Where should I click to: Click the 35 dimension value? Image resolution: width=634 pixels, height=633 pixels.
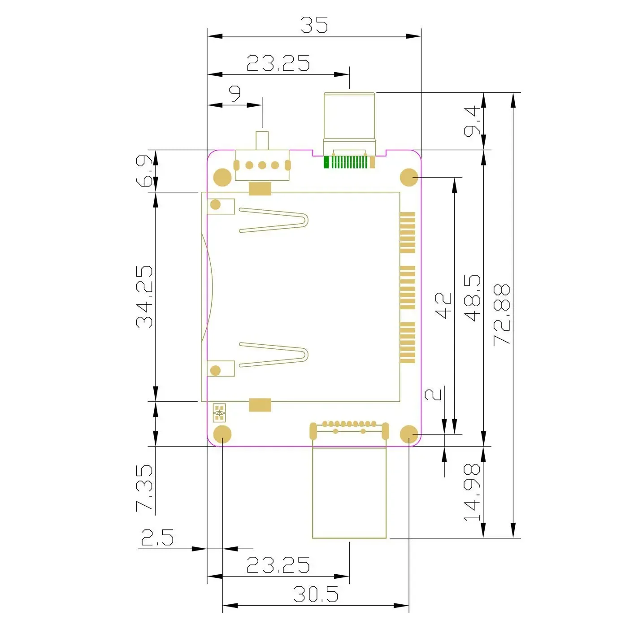point(314,25)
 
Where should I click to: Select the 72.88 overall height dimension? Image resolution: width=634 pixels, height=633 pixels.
point(502,315)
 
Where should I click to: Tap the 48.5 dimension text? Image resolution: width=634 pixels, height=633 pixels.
point(472,298)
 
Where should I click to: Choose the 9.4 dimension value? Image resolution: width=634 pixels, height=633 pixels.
point(472,121)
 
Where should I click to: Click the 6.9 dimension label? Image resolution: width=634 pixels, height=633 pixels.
point(144,171)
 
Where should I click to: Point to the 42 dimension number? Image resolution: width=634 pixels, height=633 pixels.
point(443,306)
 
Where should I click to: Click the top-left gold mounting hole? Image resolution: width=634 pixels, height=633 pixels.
point(222,177)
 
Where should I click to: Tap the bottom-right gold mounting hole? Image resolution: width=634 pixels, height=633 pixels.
point(409,434)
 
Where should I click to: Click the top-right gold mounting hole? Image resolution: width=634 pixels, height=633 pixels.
point(409,177)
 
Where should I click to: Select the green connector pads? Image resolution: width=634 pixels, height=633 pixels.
point(345,162)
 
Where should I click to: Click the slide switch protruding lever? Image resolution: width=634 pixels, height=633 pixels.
point(262,140)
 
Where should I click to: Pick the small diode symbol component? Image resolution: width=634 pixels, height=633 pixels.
point(219,412)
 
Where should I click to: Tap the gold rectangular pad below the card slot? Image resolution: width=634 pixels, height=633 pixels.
point(260,405)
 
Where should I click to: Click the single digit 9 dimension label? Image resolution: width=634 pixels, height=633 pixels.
point(235,94)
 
